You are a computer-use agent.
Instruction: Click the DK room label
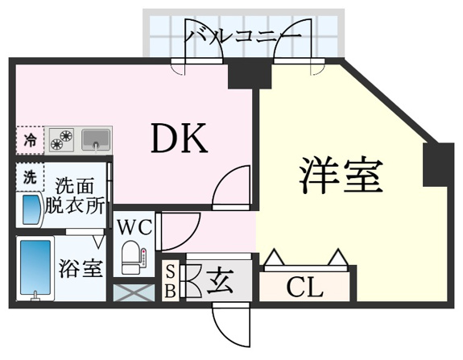pyautogui.click(x=179, y=139)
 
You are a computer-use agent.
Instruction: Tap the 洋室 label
pyautogui.click(x=341, y=175)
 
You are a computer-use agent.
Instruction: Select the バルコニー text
pyautogui.click(x=242, y=36)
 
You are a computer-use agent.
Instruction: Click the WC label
pyautogui.click(x=135, y=227)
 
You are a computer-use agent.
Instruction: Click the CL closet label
pyautogui.click(x=304, y=288)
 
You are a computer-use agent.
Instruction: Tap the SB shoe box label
pyautogui.click(x=171, y=281)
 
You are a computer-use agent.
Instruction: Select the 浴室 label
pyautogui.click(x=81, y=268)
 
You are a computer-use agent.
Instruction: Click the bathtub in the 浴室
pyautogui.click(x=35, y=268)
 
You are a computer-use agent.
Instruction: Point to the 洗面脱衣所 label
pyautogui.click(x=75, y=195)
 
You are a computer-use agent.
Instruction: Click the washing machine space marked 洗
pyautogui.click(x=30, y=176)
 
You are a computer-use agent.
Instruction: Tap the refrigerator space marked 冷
pyautogui.click(x=30, y=140)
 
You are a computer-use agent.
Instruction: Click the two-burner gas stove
pyautogui.click(x=62, y=139)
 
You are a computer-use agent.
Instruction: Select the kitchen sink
pyautogui.click(x=96, y=139)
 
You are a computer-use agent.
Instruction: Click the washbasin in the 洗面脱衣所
pyautogui.click(x=30, y=209)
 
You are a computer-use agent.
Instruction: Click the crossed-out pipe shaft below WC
pyautogui.click(x=134, y=292)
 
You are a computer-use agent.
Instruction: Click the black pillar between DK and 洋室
pyautogui.click(x=250, y=77)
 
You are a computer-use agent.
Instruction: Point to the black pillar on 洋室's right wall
pyautogui.click(x=438, y=164)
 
